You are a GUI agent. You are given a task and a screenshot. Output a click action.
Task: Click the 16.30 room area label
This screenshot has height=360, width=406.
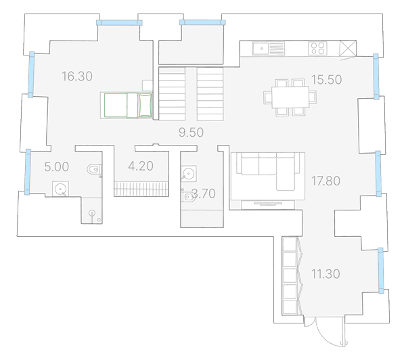[77, 76]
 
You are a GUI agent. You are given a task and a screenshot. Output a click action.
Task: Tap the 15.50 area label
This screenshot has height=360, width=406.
[326, 79]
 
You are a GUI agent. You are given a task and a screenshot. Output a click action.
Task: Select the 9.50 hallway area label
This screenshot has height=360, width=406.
[191, 133]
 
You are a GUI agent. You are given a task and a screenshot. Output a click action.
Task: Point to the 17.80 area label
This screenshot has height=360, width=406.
[325, 181]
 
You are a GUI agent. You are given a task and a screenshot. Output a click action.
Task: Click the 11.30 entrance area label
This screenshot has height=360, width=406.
[325, 274]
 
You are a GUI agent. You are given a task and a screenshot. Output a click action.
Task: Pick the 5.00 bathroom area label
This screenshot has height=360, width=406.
[57, 166]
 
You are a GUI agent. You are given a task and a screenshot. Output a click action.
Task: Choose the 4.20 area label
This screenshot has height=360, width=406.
[141, 166]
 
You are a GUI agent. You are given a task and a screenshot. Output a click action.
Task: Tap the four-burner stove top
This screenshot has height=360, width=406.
[318, 49]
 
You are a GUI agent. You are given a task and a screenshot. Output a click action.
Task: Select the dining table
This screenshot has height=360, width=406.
[290, 97]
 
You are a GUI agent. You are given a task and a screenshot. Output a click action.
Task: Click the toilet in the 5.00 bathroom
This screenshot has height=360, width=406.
[94, 170]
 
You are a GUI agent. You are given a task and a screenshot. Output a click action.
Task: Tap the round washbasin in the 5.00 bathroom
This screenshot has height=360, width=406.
[61, 189]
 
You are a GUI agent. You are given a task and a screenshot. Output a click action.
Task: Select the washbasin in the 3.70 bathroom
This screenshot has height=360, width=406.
[189, 173]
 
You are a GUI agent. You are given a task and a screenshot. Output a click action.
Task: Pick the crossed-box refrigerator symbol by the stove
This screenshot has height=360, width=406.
[348, 48]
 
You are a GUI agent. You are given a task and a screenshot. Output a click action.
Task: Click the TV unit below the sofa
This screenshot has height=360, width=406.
[268, 204]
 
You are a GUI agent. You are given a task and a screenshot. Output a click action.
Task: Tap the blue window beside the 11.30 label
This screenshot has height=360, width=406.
[380, 271]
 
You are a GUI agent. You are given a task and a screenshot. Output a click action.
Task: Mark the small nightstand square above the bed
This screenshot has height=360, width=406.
[148, 85]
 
